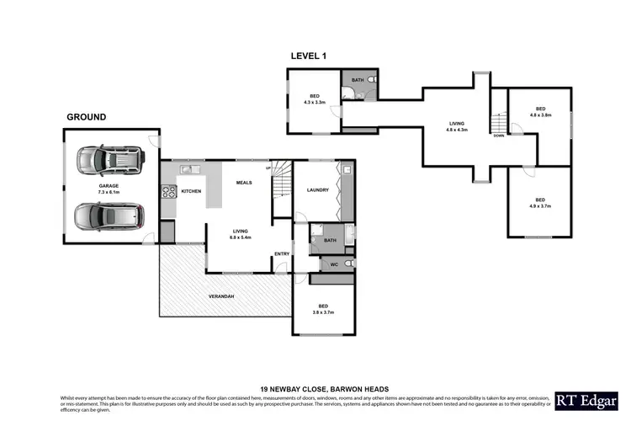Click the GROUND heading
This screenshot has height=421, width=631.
point(86,117)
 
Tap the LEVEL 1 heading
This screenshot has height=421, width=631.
point(308,56)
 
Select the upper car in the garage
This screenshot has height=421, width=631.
point(110,158)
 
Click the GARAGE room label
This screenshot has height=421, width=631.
point(109,188)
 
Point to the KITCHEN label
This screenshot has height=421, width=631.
point(191,192)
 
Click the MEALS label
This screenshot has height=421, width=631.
point(244,182)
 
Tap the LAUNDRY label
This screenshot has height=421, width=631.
point(317,190)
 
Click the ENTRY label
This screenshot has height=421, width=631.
point(282,253)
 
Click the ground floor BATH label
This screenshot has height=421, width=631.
point(330,240)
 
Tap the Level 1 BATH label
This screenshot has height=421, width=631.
point(358,80)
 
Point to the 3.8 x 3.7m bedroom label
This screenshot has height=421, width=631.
point(322,309)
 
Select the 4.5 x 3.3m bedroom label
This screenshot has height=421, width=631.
point(314,99)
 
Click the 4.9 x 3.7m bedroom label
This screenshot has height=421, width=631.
point(540,203)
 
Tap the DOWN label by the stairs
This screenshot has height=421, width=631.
point(499,136)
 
